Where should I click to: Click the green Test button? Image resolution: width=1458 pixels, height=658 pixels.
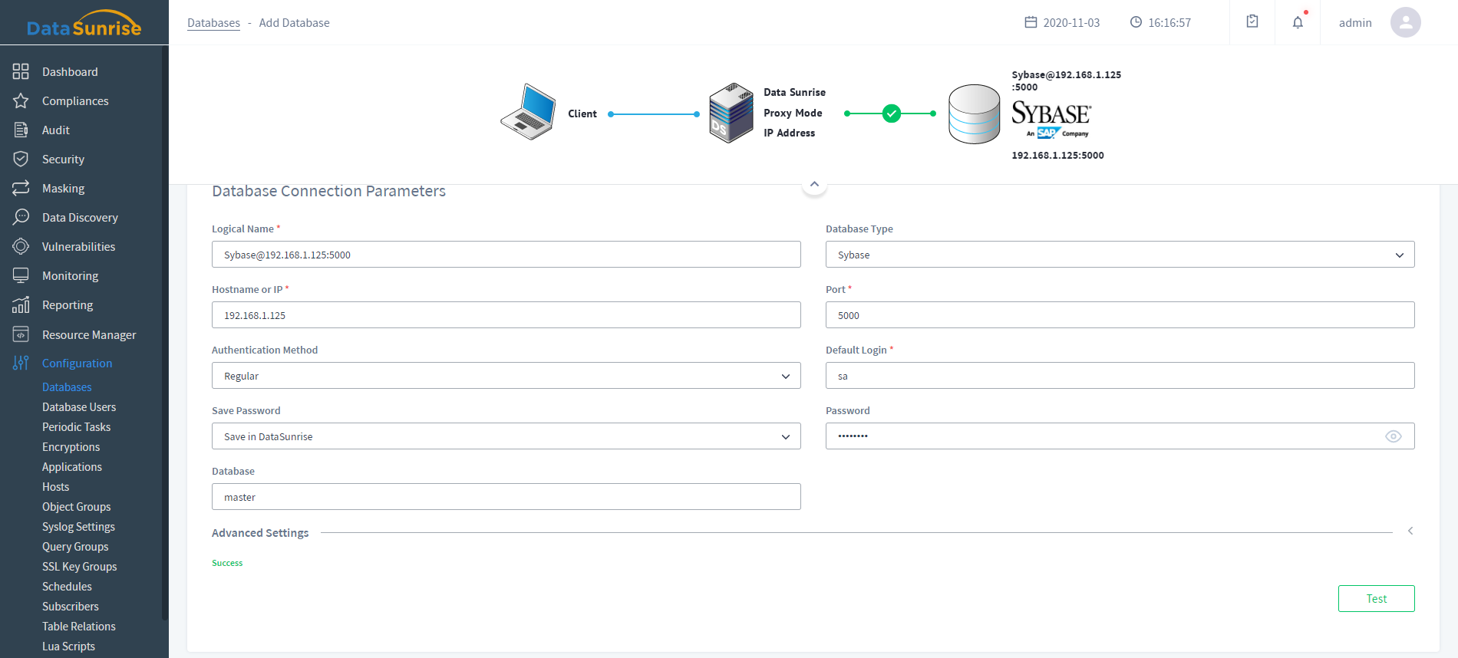point(1376,599)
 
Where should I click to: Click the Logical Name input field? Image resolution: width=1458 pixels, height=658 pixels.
point(506,255)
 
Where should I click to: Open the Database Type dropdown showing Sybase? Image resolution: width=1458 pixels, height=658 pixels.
point(1120,255)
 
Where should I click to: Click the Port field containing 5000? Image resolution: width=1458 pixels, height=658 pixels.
point(1120,315)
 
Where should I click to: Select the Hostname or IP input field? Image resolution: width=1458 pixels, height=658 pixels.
point(506,315)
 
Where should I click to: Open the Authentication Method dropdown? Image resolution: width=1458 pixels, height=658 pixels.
point(506,376)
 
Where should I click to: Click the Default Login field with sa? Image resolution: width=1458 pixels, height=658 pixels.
point(1120,376)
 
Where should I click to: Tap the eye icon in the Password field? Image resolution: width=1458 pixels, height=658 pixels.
point(1394,436)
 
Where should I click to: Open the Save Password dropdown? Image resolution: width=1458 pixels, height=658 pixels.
point(506,436)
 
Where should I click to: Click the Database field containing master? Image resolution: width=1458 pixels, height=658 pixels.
point(506,497)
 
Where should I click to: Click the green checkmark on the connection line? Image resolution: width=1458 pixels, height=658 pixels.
point(891,114)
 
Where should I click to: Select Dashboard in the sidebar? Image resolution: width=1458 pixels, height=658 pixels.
point(70,72)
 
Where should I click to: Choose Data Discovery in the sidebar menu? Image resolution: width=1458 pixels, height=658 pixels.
point(80,218)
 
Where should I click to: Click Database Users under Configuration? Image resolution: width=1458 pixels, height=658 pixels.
point(79,407)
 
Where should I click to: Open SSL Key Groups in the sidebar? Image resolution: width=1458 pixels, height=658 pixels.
point(80,567)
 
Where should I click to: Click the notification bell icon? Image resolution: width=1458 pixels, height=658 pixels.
point(1298,22)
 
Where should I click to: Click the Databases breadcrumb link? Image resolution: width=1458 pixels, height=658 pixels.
point(213,23)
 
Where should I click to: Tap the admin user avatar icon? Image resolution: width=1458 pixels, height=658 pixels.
point(1405,22)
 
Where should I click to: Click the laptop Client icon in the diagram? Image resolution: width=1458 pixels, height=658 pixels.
point(529,112)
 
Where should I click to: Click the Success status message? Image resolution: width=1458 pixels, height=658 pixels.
point(227,563)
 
